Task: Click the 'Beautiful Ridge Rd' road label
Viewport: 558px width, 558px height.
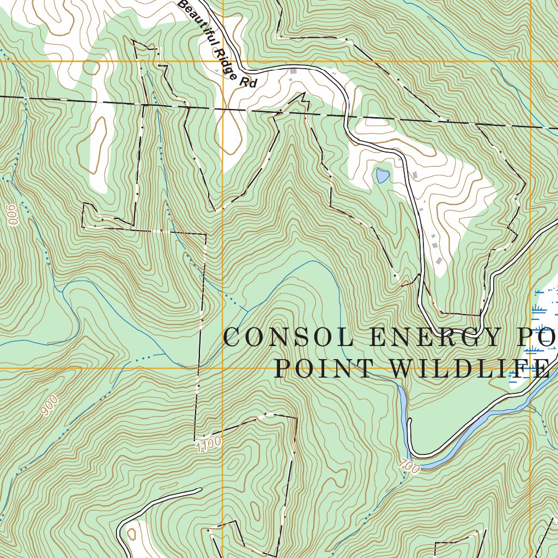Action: tap(217, 44)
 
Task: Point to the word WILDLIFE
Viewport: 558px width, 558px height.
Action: tap(471, 369)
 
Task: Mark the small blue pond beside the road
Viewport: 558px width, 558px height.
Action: tap(383, 175)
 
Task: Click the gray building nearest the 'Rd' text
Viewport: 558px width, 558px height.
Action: tap(294, 71)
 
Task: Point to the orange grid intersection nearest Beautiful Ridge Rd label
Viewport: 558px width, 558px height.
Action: tap(223, 61)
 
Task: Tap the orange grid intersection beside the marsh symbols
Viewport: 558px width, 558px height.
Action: tap(530, 369)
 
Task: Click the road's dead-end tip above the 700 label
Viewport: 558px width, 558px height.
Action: tap(409, 420)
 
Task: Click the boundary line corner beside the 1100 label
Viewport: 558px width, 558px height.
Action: tap(195, 439)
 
